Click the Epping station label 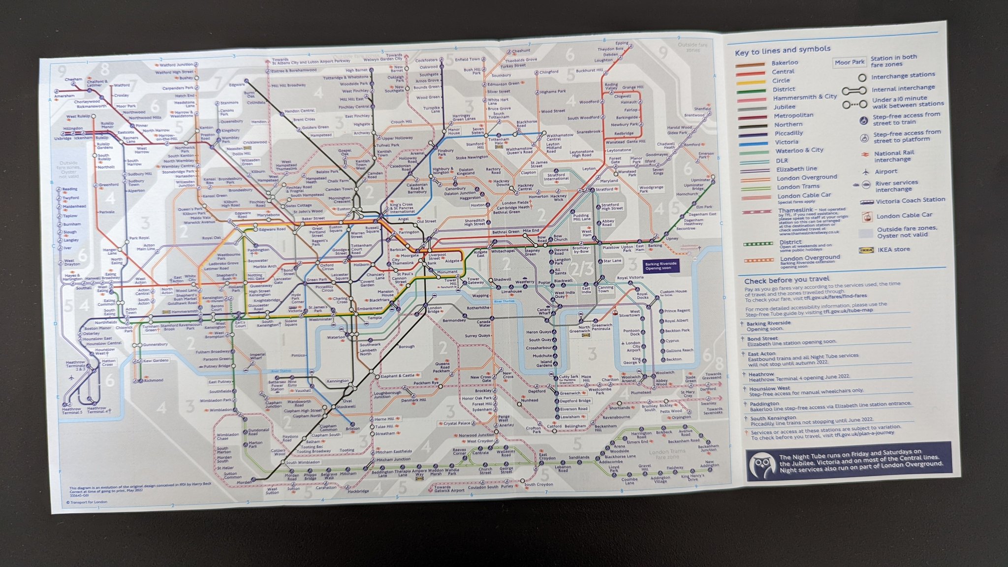(622, 43)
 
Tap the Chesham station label (73, 79)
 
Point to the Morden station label (244, 482)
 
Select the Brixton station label (352, 429)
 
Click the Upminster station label (700, 180)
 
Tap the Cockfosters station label (426, 60)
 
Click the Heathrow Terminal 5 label (71, 411)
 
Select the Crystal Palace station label (457, 423)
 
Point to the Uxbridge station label (63, 138)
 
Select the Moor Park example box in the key (850, 63)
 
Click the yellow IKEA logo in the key (866, 250)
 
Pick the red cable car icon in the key (866, 216)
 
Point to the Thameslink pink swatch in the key (750, 212)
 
